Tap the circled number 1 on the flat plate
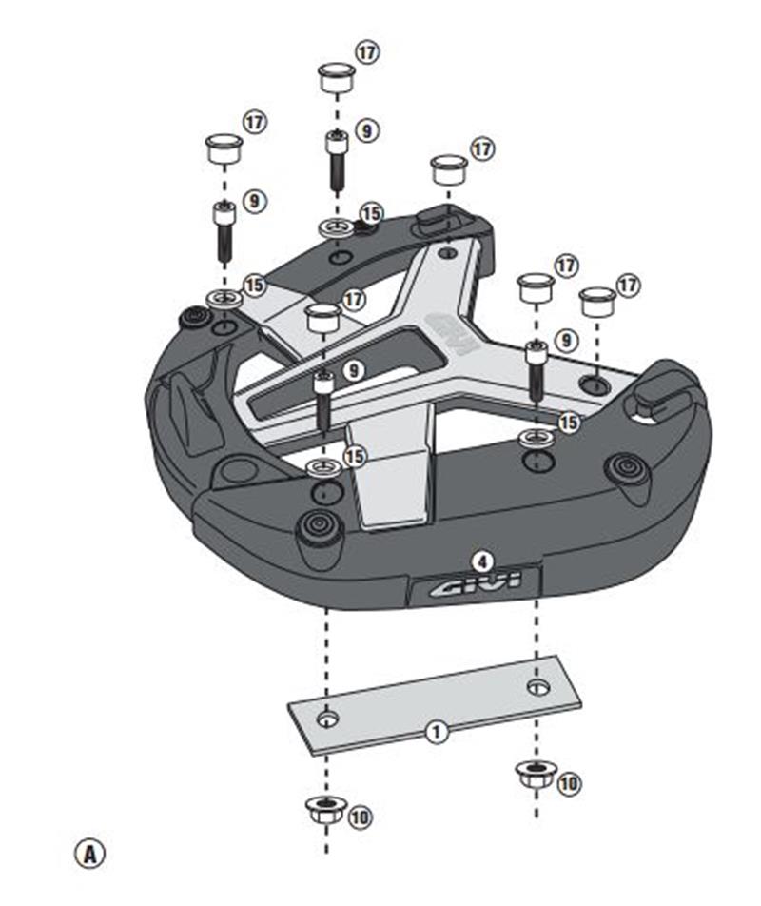[436, 732]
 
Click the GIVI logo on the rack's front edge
[472, 587]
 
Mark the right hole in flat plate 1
[538, 686]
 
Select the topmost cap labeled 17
[335, 76]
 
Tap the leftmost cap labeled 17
[224, 148]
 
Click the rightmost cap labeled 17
[597, 303]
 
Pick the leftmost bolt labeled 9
[224, 231]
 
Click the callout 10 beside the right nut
[568, 783]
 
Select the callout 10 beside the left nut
[360, 817]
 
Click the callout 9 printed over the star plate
[354, 369]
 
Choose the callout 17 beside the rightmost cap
[629, 285]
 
